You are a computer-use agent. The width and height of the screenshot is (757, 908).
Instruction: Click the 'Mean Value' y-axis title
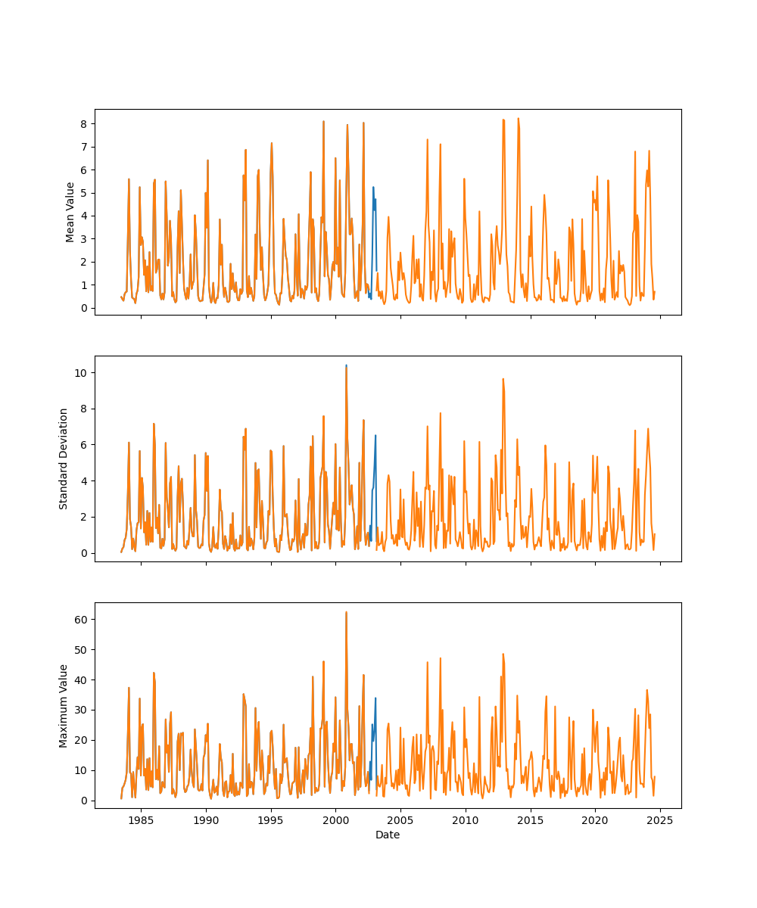[x=70, y=212]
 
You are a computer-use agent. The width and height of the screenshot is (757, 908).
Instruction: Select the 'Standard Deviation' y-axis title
[x=64, y=459]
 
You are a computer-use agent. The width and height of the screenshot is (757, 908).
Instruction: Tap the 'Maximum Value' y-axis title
[x=64, y=705]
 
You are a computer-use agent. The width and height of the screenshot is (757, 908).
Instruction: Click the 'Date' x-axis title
[x=388, y=835]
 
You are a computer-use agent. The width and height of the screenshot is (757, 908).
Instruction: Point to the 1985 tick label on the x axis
[x=141, y=819]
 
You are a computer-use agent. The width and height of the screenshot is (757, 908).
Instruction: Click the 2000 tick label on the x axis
[x=335, y=819]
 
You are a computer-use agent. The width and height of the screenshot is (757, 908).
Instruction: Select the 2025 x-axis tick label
[x=660, y=819]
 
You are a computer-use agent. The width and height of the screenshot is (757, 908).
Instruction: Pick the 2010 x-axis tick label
[x=466, y=819]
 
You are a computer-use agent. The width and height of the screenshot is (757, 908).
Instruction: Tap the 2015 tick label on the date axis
[x=531, y=819]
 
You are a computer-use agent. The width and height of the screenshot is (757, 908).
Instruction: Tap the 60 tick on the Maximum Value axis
[x=84, y=619]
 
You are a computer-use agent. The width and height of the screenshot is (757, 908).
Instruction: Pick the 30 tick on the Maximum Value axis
[x=84, y=710]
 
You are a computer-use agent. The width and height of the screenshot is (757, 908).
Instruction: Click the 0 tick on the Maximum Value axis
[x=87, y=801]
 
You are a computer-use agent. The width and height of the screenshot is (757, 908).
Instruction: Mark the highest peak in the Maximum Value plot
[x=346, y=612]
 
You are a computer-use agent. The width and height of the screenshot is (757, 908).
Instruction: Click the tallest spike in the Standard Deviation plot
[x=346, y=366]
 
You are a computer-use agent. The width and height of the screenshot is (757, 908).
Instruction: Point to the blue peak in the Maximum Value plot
[x=375, y=698]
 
